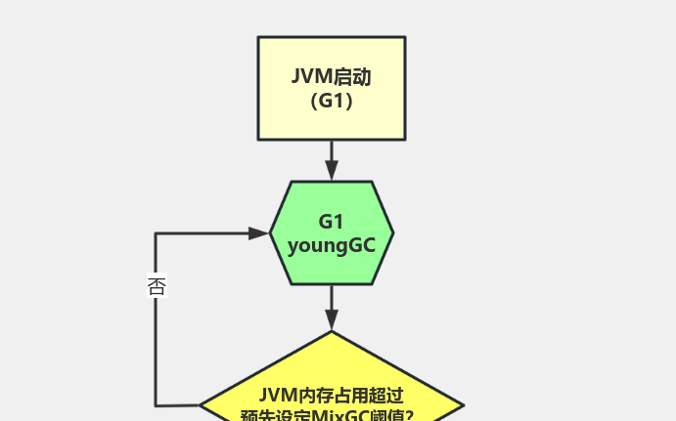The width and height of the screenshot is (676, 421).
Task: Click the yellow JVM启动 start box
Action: (x=331, y=88)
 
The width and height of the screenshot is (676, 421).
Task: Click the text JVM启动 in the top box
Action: (x=331, y=77)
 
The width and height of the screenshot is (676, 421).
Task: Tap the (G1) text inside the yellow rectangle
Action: (x=331, y=101)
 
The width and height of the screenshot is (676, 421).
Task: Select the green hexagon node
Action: (x=331, y=232)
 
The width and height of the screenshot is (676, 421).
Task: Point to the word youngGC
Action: (x=331, y=245)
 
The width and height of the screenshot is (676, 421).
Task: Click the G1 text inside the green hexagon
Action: (x=331, y=222)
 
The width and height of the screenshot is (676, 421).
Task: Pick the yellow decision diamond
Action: (x=331, y=386)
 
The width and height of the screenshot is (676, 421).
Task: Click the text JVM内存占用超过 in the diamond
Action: (x=331, y=396)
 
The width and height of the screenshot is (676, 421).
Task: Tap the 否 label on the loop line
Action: (x=157, y=286)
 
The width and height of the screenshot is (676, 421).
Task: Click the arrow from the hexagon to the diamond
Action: (x=331, y=305)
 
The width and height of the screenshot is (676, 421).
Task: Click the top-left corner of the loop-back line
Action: (x=156, y=233)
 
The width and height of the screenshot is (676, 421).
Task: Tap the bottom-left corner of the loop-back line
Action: (x=156, y=404)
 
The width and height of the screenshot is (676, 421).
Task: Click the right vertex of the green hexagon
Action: (x=392, y=232)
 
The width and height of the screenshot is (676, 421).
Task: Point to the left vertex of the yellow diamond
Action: (x=202, y=404)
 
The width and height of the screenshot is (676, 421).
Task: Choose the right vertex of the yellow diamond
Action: (x=462, y=404)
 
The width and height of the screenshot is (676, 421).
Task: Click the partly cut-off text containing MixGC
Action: (x=327, y=415)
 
